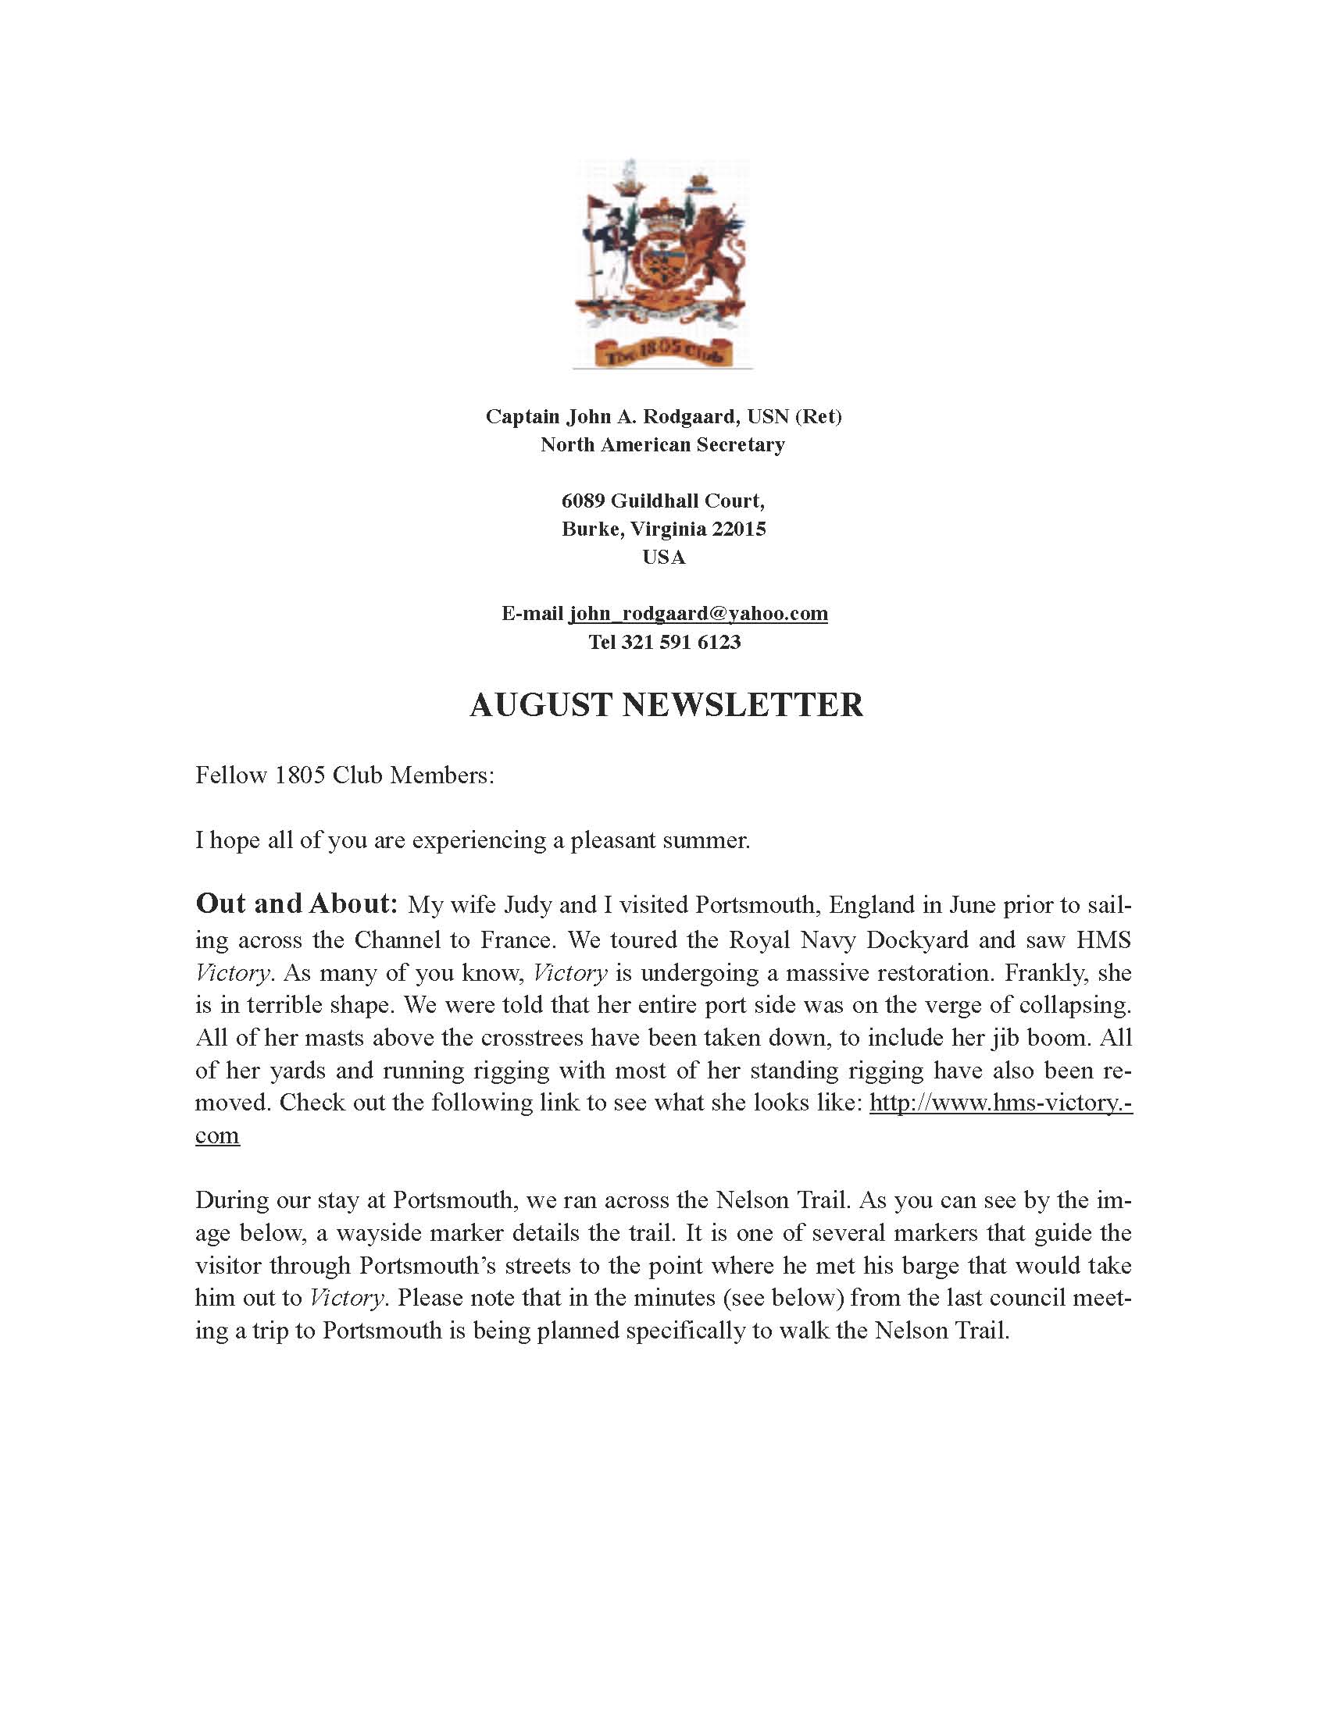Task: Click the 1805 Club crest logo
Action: pyautogui.click(x=662, y=263)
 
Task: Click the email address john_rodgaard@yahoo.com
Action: pyautogui.click(x=698, y=614)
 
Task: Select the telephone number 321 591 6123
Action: pyautogui.click(x=680, y=642)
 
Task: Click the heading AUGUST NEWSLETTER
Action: pyautogui.click(x=666, y=705)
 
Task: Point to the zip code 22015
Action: pyautogui.click(x=739, y=529)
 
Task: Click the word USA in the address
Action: pyautogui.click(x=664, y=557)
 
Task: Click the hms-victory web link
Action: pyautogui.click(x=1000, y=1103)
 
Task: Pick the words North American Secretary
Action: pyautogui.click(x=662, y=444)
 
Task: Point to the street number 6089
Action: pyautogui.click(x=583, y=501)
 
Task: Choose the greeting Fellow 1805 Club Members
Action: pyautogui.click(x=344, y=775)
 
